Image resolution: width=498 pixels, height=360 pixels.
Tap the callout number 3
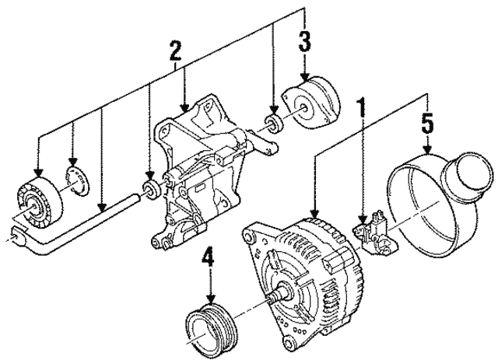[305, 40]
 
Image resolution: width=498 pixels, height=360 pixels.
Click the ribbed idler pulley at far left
[36, 204]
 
